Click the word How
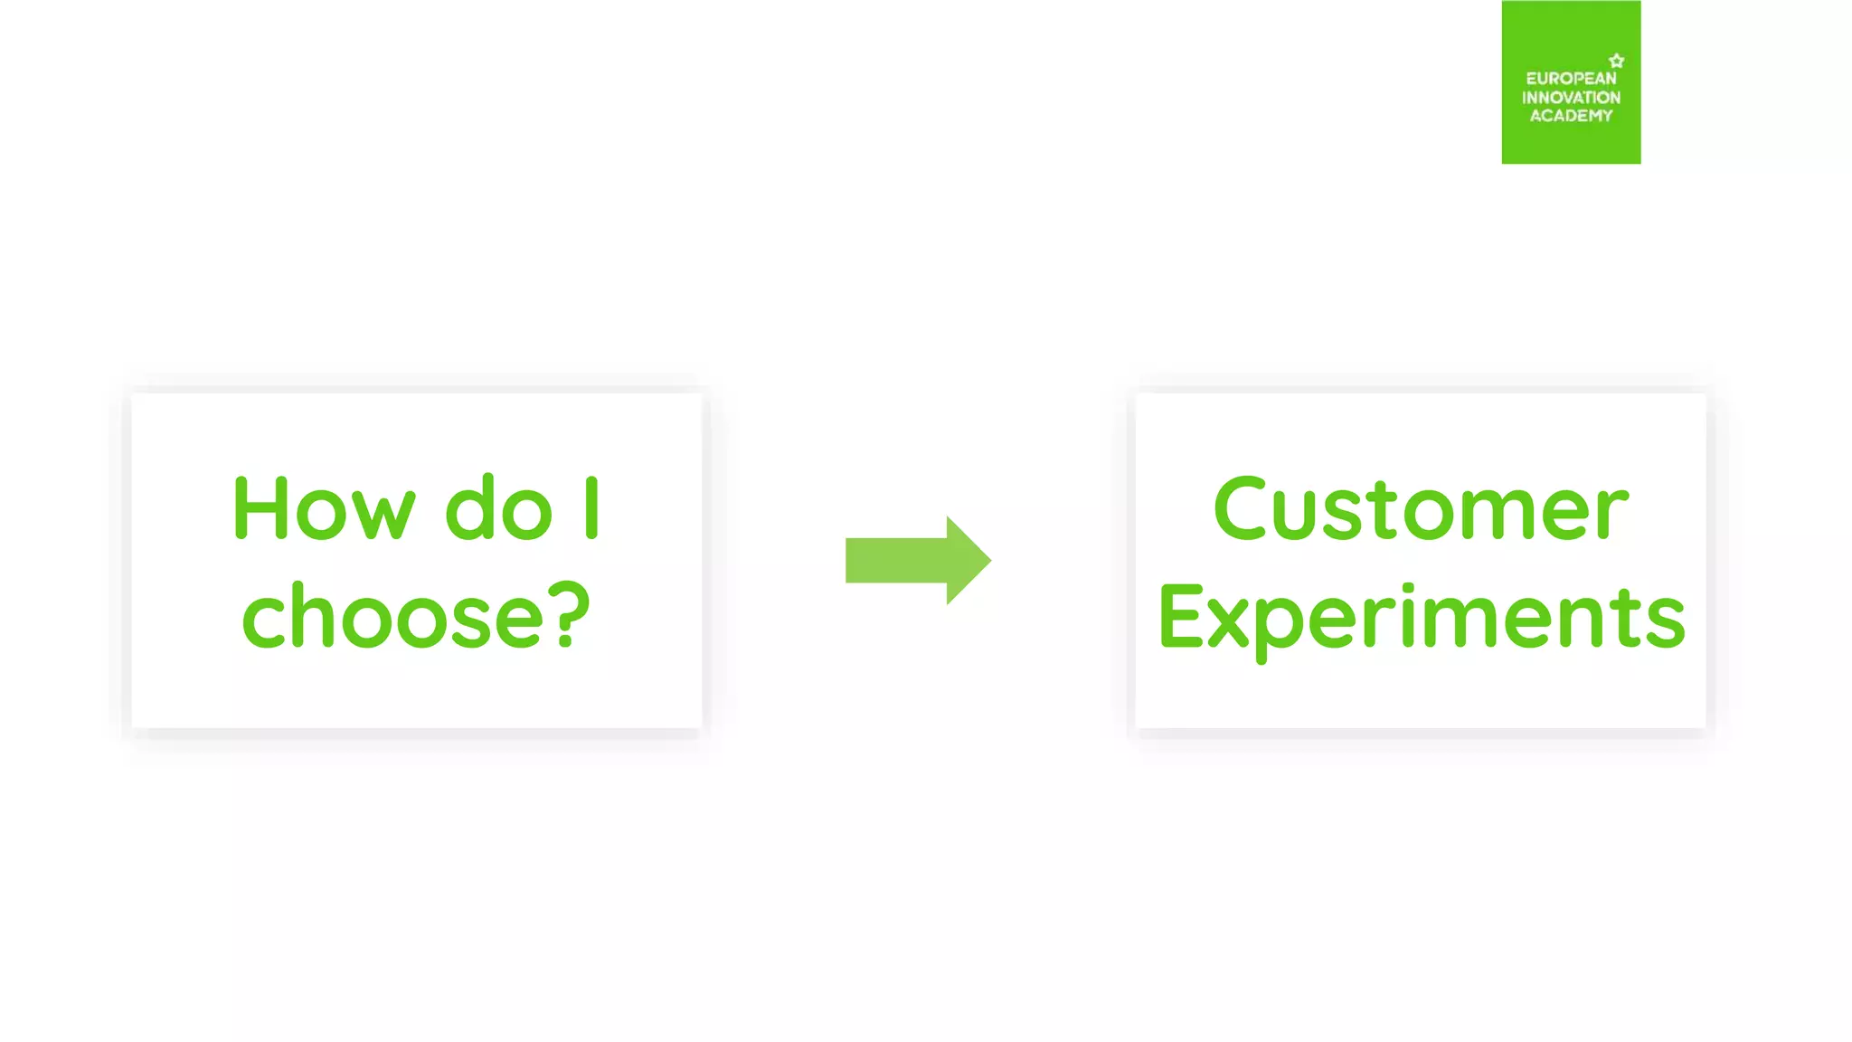point(324,508)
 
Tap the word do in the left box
point(498,508)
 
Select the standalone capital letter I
point(591,508)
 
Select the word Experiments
point(1422,619)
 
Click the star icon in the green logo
point(1617,61)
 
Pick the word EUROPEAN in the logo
point(1571,79)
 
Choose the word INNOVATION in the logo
point(1571,97)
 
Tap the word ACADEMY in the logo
point(1571,116)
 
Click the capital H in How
point(260,508)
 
